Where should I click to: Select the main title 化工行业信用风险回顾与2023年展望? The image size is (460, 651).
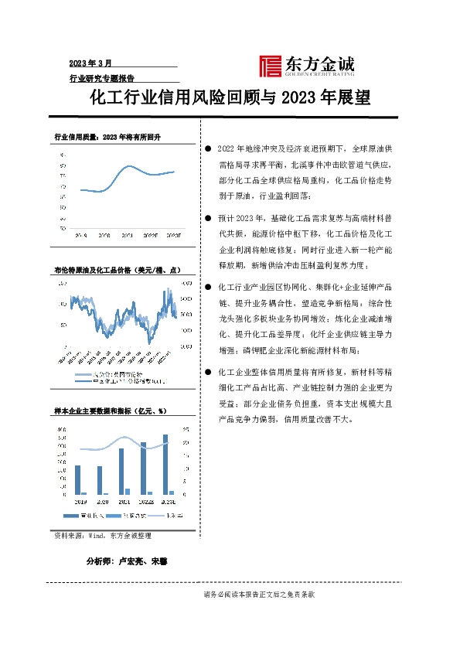coord(230,99)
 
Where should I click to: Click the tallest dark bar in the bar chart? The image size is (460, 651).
coord(165,464)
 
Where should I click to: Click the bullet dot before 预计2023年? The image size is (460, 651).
coord(209,220)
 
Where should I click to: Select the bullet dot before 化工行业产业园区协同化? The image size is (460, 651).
coord(209,286)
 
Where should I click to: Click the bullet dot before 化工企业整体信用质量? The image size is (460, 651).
coord(209,372)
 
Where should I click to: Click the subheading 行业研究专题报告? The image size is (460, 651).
coord(102,78)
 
